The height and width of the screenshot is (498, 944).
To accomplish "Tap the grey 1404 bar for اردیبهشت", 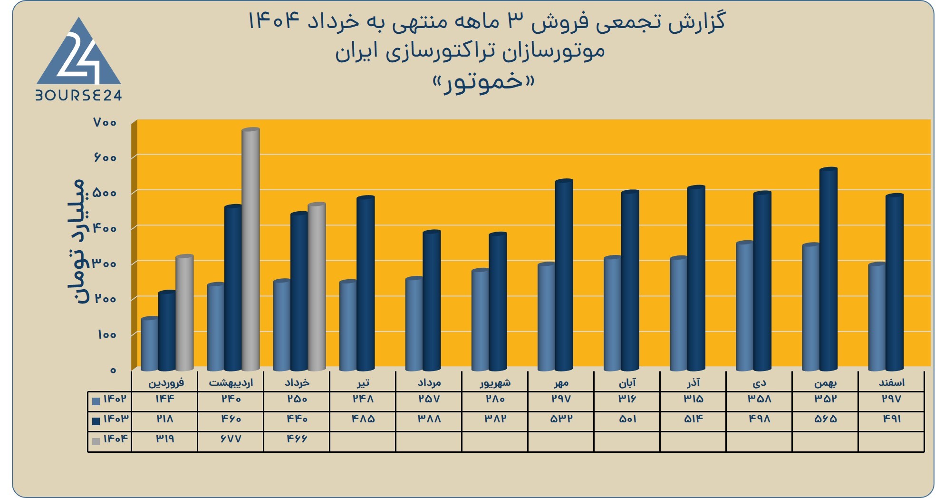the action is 250,249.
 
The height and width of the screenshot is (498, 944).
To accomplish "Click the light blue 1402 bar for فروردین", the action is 150,344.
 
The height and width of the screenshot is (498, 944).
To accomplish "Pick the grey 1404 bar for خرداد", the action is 317,287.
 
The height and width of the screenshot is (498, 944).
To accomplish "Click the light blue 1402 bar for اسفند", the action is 877,317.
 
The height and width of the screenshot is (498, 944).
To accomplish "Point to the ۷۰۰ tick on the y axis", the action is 105,123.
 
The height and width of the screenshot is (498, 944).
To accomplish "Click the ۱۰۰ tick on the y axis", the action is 107,334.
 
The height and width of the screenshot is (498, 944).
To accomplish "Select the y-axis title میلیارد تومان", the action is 76,242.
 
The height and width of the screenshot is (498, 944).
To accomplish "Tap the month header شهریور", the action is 495,382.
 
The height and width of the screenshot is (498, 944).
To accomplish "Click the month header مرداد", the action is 429,382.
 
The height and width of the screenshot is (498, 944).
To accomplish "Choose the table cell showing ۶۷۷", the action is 231,439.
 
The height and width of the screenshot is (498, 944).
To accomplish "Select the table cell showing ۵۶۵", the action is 826,419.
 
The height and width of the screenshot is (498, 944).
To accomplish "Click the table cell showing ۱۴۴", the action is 165,399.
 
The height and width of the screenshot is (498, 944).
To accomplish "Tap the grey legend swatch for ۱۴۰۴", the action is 96,441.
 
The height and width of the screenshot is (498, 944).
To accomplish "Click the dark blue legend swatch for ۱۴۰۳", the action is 96,421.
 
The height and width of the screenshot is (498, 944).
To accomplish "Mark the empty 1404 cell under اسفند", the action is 891,442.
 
